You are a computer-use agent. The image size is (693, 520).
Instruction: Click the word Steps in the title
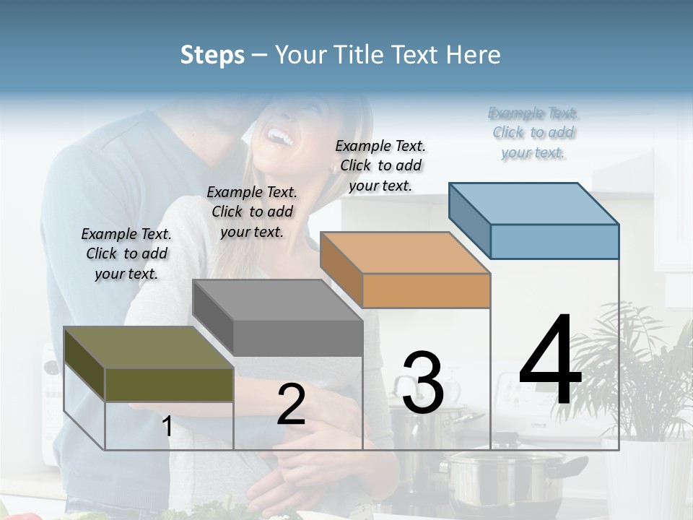click(x=212, y=55)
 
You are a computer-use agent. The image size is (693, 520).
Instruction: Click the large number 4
click(x=551, y=362)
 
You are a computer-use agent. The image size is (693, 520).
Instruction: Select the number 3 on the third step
click(x=423, y=382)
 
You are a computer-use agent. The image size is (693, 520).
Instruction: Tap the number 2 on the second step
click(x=291, y=404)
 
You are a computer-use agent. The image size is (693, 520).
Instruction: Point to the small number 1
click(x=167, y=426)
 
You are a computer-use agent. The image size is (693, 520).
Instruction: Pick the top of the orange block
click(x=405, y=252)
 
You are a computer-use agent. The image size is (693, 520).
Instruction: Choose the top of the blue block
click(x=533, y=203)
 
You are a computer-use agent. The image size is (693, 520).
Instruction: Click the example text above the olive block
click(x=126, y=253)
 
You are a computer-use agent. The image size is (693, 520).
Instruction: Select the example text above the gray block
click(x=252, y=212)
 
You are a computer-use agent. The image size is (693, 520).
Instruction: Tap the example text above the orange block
click(x=380, y=165)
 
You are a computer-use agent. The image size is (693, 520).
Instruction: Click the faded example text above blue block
click(x=533, y=132)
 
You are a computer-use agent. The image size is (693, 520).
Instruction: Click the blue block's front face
click(x=554, y=241)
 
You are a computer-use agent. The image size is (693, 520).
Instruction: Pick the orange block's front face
click(x=426, y=290)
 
